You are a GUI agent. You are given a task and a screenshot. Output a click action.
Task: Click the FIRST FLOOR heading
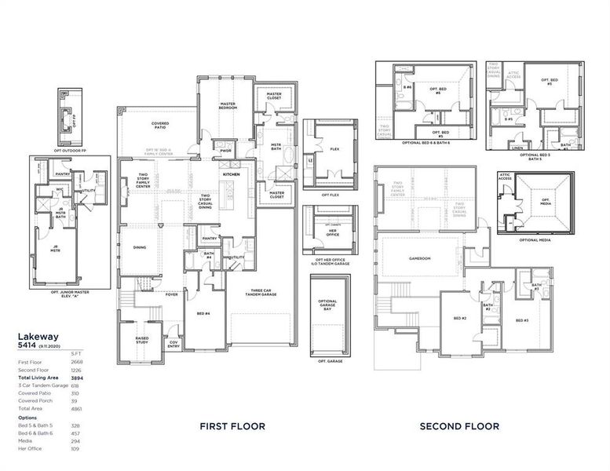click(x=232, y=426)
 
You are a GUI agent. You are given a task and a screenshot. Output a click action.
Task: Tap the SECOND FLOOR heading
click(x=459, y=426)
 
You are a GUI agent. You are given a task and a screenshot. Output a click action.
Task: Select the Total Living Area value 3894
click(x=76, y=378)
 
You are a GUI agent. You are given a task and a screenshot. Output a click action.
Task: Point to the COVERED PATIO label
click(x=161, y=124)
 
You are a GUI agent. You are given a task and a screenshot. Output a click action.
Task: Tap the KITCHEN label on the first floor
click(x=231, y=174)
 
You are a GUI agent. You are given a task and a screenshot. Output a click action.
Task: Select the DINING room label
click(x=140, y=248)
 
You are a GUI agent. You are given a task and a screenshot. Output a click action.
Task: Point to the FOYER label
click(x=171, y=295)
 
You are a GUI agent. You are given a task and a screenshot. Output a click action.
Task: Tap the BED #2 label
click(x=460, y=318)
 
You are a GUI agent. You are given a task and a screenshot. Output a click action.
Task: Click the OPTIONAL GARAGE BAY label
click(x=327, y=305)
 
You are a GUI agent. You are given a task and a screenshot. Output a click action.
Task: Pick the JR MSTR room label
click(x=56, y=250)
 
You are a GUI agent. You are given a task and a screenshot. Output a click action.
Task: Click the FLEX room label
click(x=334, y=149)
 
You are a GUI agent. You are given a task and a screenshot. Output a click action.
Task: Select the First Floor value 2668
click(x=76, y=362)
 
